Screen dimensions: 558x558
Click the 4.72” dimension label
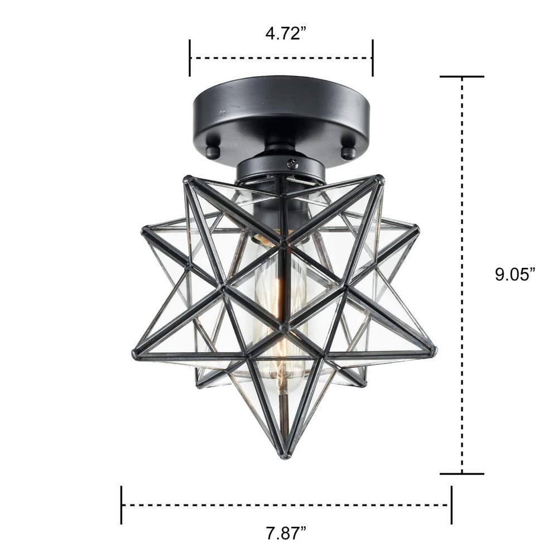pyautogui.click(x=286, y=33)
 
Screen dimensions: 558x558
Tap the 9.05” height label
pyautogui.click(x=515, y=274)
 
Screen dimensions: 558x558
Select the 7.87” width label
pyautogui.click(x=286, y=533)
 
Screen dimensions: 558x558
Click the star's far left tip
pyautogui.click(x=136, y=354)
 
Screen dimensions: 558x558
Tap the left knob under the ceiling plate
pyautogui.click(x=212, y=152)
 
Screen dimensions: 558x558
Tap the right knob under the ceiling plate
pyautogui.click(x=348, y=152)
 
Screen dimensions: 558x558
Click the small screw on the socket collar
pyautogui.click(x=292, y=163)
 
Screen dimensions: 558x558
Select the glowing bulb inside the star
pyautogui.click(x=280, y=312)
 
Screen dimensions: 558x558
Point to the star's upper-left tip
pyautogui.click(x=188, y=180)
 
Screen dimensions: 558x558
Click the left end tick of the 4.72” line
pyautogui.click(x=190, y=57)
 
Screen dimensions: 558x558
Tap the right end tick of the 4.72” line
pyautogui.click(x=372, y=57)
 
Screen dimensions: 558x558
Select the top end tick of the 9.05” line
pyautogui.click(x=461, y=76)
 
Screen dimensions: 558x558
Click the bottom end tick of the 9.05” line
pyautogui.click(x=461, y=474)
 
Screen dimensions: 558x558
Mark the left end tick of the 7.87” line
pyautogui.click(x=121, y=504)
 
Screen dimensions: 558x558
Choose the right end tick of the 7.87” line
pyautogui.click(x=451, y=504)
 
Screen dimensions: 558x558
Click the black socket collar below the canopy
pyautogui.click(x=281, y=167)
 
